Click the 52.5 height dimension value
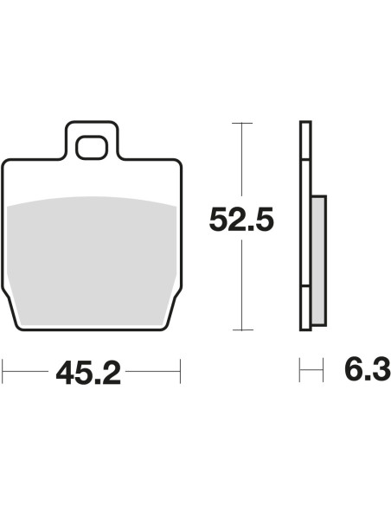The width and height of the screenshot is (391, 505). (241, 219)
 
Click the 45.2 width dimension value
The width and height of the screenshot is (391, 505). (88, 373)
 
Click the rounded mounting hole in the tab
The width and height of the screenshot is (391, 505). (92, 148)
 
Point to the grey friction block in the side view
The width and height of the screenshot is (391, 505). (319, 260)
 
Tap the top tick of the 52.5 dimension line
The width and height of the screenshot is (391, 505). (242, 123)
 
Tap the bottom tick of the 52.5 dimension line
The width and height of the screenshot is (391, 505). (242, 329)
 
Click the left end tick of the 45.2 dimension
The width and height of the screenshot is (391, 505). (3, 371)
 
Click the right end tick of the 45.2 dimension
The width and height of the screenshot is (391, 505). (181, 371)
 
